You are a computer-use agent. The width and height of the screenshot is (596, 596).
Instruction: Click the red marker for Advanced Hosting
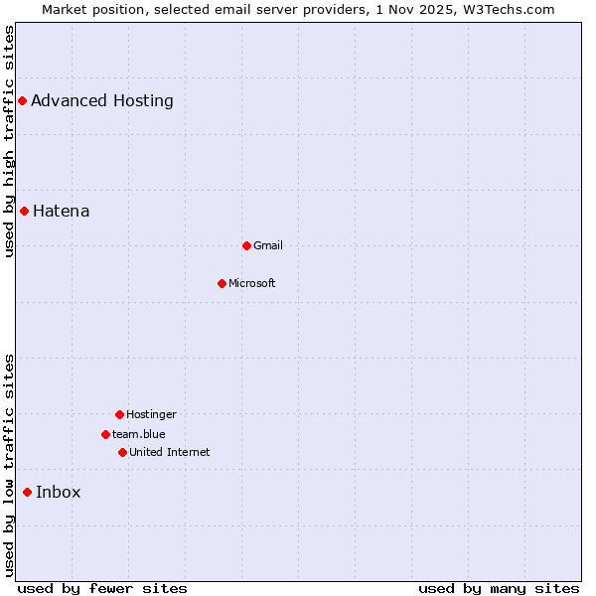tap(22, 100)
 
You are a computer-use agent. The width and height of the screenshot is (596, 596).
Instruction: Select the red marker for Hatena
tap(24, 211)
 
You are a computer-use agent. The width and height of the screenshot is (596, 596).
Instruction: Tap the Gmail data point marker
tap(246, 245)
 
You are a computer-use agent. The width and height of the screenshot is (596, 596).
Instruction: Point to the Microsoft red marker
tap(222, 283)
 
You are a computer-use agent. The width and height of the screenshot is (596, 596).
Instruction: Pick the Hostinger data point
tap(119, 414)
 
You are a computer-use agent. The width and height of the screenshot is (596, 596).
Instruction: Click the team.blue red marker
tap(105, 434)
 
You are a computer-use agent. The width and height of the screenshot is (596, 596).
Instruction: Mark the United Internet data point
tap(122, 452)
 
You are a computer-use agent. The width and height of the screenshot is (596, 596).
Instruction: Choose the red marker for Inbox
tap(27, 492)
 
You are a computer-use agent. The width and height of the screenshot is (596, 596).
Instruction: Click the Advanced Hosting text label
tap(102, 100)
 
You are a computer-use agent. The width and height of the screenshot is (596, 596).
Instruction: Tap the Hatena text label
tap(62, 211)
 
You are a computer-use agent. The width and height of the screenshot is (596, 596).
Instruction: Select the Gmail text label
tap(268, 245)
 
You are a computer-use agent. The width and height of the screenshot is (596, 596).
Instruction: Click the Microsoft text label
tap(252, 283)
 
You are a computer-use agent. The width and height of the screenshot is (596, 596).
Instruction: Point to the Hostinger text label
tap(151, 414)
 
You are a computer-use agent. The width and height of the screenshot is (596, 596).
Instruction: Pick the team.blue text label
tap(139, 434)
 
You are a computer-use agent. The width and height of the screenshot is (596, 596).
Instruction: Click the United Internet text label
tap(170, 452)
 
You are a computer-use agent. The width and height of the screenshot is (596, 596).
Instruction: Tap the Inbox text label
tap(59, 492)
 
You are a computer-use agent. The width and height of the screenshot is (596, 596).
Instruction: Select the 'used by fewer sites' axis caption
tap(102, 588)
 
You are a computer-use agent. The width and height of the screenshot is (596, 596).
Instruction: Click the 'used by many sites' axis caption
tap(499, 588)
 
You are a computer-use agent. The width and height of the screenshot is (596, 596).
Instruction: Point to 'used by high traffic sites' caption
tap(9, 141)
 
